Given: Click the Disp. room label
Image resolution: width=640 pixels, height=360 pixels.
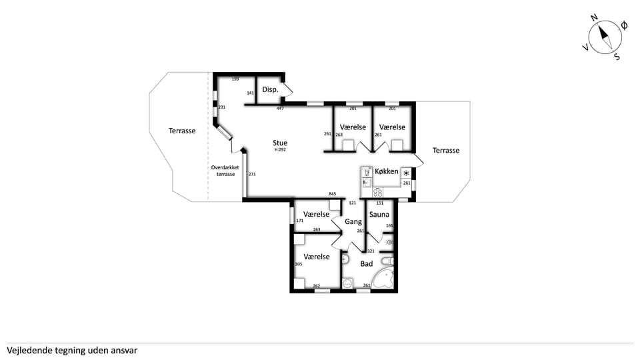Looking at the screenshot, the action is (x=270, y=89).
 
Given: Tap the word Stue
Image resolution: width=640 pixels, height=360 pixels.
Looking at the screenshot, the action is (x=280, y=143).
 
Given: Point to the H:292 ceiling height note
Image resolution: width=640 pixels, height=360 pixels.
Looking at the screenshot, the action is (x=280, y=150).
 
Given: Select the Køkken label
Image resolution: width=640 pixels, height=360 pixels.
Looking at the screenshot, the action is (x=386, y=171).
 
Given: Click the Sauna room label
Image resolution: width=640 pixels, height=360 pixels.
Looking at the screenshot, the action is (x=379, y=214).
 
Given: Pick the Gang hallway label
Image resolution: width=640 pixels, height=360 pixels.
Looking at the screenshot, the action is (x=353, y=221).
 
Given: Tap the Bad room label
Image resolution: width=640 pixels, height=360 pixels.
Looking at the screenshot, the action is (x=367, y=264).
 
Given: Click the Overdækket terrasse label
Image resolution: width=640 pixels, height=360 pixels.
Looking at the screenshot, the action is (x=225, y=171).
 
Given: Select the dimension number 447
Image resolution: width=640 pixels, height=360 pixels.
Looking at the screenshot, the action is (x=280, y=108).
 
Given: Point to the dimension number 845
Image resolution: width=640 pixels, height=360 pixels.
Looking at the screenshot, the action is (x=333, y=194).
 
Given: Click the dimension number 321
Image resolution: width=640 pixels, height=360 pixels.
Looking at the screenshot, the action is (x=371, y=251).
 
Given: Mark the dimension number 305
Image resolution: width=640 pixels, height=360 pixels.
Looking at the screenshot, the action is (x=299, y=264).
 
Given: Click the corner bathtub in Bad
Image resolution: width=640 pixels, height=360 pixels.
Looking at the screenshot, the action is (x=384, y=279).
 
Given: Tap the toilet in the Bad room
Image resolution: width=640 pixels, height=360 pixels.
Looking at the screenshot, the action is (x=387, y=261).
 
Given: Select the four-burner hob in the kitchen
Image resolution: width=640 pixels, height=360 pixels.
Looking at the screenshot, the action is (x=378, y=192).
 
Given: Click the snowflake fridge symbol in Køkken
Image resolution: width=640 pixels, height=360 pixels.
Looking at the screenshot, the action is (x=406, y=173).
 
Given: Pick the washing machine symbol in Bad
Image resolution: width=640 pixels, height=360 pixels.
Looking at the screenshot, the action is (x=348, y=283).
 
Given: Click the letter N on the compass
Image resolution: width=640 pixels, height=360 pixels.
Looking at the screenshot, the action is (x=594, y=17).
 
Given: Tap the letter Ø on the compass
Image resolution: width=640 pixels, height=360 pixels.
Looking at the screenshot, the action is (x=624, y=26).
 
